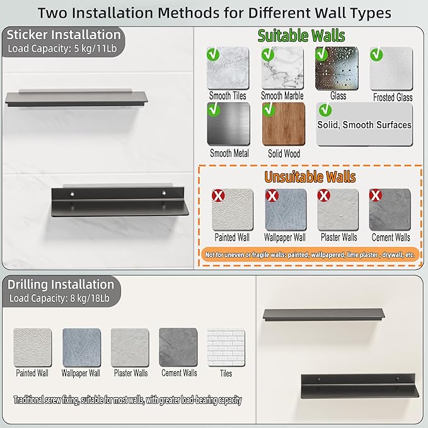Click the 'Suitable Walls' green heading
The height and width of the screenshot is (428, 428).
(x=301, y=36)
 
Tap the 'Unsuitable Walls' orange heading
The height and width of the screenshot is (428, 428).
(x=310, y=177)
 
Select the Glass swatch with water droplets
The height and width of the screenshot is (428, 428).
(x=337, y=68)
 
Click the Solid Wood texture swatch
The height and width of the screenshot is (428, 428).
(x=284, y=124)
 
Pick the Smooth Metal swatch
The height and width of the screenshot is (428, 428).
(x=228, y=124)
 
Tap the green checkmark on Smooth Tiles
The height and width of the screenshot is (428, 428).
(x=213, y=54)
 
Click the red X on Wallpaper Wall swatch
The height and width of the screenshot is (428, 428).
(x=272, y=195)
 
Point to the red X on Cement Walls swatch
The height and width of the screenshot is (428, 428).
(x=376, y=195)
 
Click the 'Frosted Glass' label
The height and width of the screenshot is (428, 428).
(x=393, y=98)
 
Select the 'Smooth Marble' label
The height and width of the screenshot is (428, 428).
(x=282, y=96)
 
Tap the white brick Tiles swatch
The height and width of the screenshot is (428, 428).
(x=226, y=347)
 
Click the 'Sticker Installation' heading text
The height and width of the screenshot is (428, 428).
(x=64, y=35)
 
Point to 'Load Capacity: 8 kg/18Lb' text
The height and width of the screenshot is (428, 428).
(x=59, y=298)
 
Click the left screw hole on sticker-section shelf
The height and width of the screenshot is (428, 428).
(x=72, y=194)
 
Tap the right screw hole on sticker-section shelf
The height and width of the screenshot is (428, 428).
(x=164, y=194)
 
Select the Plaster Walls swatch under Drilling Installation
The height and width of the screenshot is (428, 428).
(x=130, y=347)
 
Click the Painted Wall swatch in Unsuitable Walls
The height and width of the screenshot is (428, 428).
(x=233, y=210)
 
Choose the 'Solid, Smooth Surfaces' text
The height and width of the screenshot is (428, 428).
(x=364, y=125)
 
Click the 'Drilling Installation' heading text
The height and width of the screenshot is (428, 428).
(x=61, y=285)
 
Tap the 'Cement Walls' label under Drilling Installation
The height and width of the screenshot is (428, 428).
(x=179, y=373)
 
